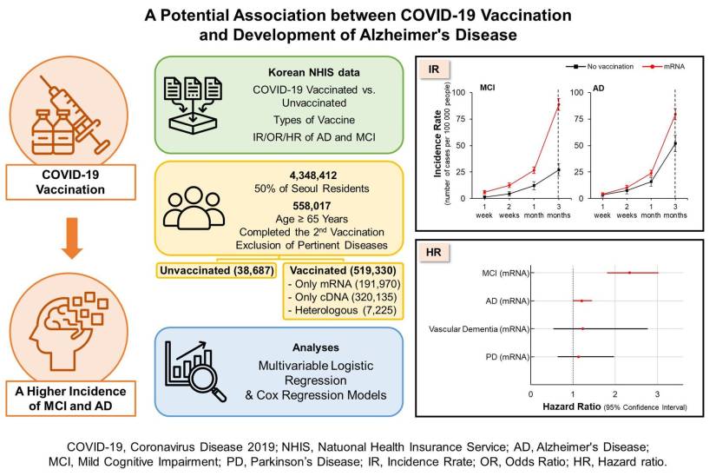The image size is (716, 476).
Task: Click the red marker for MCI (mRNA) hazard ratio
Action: point(629,273)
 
